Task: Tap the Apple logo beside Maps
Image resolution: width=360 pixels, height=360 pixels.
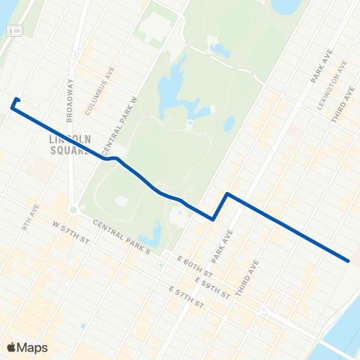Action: click(11, 347)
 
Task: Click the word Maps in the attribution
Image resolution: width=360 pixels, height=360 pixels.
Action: click(33, 347)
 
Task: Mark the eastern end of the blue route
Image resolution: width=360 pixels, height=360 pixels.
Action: click(349, 260)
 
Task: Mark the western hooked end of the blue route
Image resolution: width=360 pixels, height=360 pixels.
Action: click(17, 99)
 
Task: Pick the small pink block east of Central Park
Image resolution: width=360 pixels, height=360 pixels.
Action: click(296, 133)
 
